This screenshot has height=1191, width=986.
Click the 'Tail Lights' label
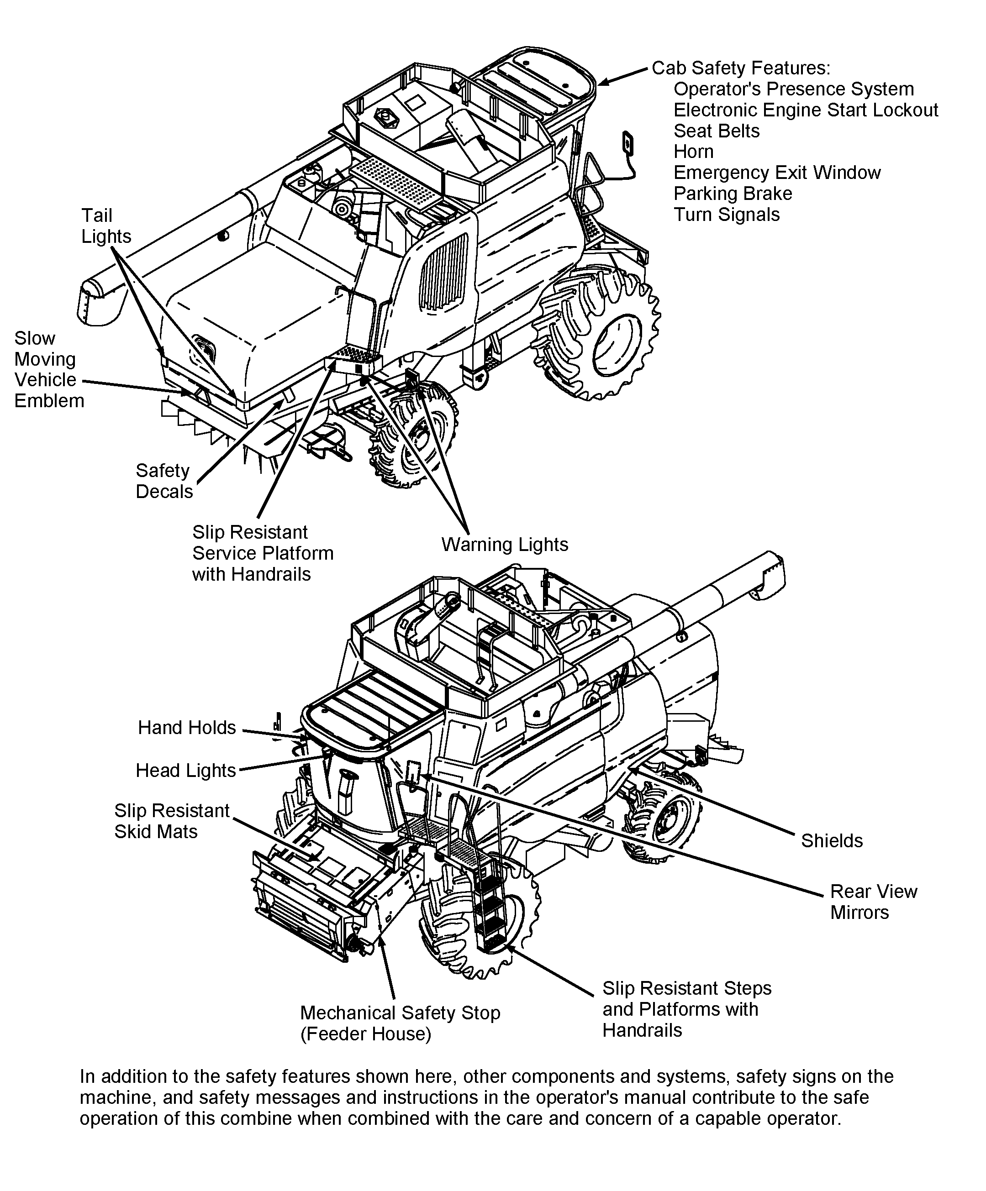(x=105, y=226)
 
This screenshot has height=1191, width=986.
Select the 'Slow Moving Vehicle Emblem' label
(x=48, y=369)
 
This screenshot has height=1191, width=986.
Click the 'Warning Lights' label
(x=504, y=545)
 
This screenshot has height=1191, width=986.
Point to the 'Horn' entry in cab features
(x=693, y=152)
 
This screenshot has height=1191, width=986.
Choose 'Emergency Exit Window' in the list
(x=777, y=173)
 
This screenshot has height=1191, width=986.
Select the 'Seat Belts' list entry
(x=716, y=131)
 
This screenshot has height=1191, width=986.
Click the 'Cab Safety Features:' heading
(x=740, y=68)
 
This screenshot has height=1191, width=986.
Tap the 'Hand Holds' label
(x=187, y=728)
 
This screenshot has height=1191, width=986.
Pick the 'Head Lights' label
(x=185, y=770)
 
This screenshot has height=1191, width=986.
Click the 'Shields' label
(x=831, y=840)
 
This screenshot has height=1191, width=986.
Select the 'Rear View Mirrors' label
(x=873, y=902)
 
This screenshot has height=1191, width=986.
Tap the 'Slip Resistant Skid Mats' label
(x=171, y=821)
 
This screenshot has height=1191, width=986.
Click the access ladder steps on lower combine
(x=491, y=908)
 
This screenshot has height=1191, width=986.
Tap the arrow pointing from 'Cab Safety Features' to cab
(x=622, y=77)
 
